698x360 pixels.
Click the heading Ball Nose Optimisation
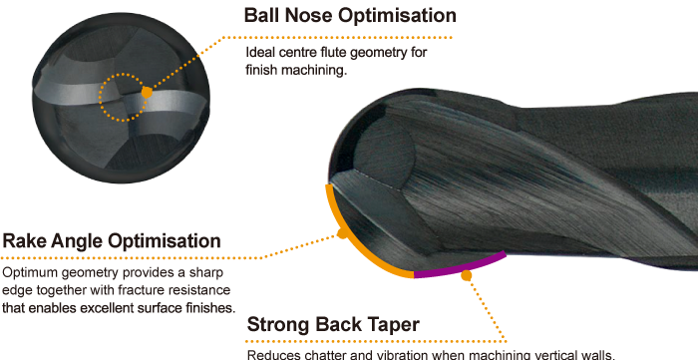[x=350, y=16]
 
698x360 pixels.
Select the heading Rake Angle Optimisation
[x=112, y=241]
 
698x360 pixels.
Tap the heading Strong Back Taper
[x=333, y=325]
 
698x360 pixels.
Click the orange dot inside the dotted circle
[x=147, y=92]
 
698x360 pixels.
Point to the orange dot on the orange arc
[x=342, y=235]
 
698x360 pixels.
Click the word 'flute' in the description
[x=353, y=53]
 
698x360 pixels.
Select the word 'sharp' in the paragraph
[x=205, y=272]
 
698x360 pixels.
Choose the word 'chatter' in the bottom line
[x=325, y=354]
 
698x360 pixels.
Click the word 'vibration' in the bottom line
[x=397, y=354]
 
